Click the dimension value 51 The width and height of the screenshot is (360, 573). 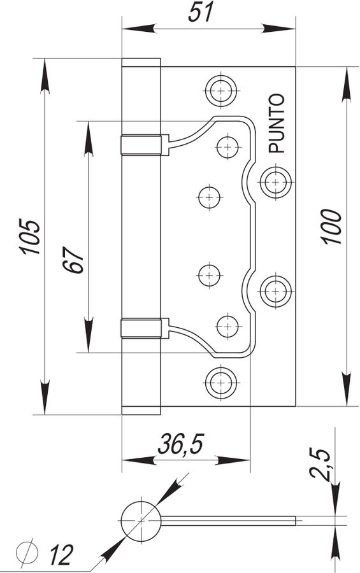(201, 13)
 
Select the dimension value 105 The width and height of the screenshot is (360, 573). (30, 237)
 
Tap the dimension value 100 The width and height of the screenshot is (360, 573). (331, 227)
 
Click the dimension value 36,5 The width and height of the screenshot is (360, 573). (181, 444)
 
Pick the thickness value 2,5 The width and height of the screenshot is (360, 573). (320, 463)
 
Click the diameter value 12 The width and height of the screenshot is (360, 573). (61, 554)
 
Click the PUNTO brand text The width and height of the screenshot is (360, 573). (277, 124)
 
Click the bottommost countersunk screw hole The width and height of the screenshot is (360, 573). (221, 383)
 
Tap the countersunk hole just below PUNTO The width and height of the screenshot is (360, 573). (276, 182)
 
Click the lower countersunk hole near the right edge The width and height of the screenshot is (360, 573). (276, 291)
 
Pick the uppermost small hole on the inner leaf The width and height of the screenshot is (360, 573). (228, 147)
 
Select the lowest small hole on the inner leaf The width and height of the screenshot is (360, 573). (228, 326)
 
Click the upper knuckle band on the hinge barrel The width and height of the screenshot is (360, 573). (141, 145)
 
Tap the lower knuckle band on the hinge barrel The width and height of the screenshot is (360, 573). (141, 328)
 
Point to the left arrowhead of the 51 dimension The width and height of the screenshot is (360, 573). (139, 29)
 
